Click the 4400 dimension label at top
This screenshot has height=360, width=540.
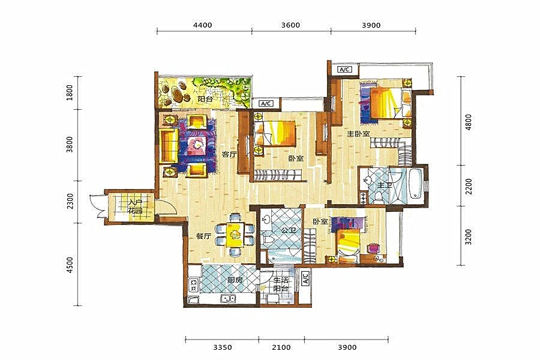203,25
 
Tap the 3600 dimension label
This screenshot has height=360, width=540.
290,25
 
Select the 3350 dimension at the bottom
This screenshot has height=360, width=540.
222,347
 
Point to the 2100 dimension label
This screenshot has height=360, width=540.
281,347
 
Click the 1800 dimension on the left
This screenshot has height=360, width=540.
70,92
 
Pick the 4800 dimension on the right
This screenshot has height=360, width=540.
469,122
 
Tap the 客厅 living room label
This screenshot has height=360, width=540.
229,154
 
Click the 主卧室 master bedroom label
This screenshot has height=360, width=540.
358,133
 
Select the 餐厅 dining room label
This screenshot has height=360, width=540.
203,236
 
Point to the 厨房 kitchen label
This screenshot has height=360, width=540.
235,280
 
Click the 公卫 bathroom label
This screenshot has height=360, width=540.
289,230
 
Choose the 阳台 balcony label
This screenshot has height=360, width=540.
205,99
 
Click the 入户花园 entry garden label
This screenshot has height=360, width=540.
136,206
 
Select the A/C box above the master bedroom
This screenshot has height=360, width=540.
344,70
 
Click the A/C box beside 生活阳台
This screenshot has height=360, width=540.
305,278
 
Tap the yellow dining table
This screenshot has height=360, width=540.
235,235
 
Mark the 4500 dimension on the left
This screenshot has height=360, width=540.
70,265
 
